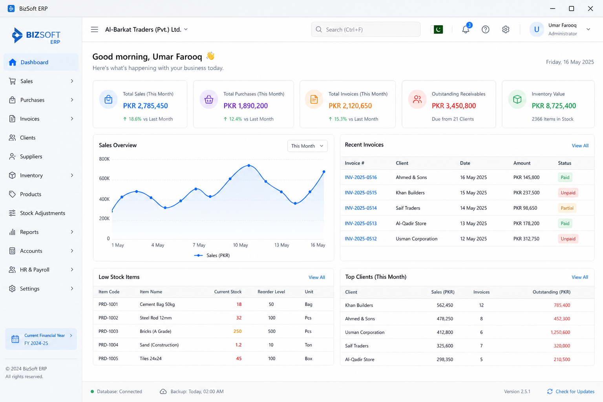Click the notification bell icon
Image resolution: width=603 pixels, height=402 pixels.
pos(466,29)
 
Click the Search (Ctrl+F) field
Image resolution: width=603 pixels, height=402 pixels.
pos(365,29)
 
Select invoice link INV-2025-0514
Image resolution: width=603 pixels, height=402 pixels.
pos(361,208)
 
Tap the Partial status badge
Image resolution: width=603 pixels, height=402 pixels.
pos(567,208)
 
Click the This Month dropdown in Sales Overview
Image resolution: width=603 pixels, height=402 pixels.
pos(307,146)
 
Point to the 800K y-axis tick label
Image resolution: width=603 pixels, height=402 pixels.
pos(104,159)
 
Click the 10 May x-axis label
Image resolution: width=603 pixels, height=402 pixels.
pos(240,245)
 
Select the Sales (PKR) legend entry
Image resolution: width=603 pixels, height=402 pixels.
pos(212,255)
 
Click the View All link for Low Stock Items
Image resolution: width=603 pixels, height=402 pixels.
pos(316,277)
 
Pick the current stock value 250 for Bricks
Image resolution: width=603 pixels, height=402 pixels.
pos(237,331)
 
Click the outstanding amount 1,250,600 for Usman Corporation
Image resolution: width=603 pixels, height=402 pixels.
pos(560,332)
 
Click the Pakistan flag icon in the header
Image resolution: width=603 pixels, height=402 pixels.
pos(438,29)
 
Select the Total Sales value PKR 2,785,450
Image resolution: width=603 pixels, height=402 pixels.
pos(145,106)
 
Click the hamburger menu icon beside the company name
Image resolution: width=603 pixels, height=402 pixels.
pos(95,29)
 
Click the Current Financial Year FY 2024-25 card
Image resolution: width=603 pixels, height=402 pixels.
pos(41,339)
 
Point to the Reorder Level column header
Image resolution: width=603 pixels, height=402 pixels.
pos(271,292)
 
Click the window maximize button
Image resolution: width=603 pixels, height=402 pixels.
pos(571,9)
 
